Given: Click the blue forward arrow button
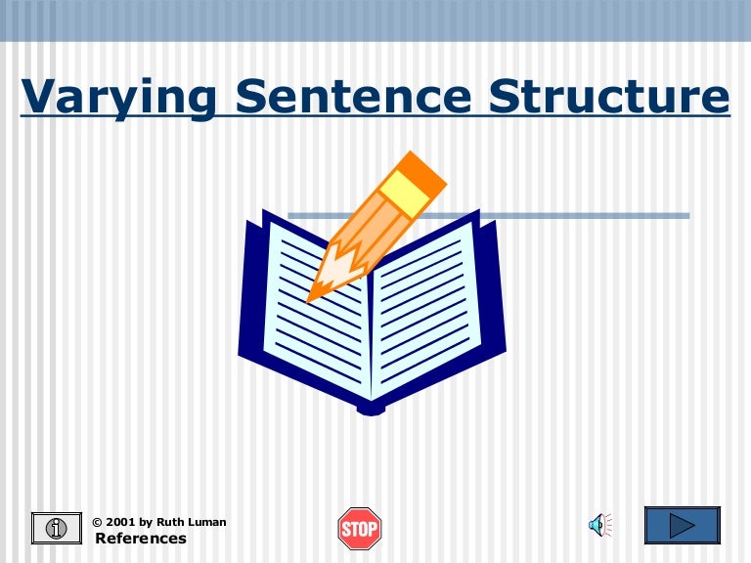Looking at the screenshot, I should tap(682, 526).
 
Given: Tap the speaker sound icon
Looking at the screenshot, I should tap(597, 527).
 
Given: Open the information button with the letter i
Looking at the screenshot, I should tap(57, 528).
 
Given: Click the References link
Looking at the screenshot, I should tap(140, 539).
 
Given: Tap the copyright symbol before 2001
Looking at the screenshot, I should tap(97, 522).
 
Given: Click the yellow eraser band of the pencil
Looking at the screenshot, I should tap(403, 193).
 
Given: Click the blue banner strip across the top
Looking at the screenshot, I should tap(375, 20).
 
